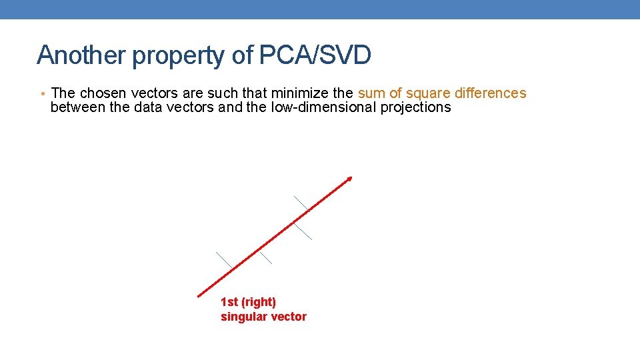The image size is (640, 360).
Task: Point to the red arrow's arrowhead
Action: (349, 179)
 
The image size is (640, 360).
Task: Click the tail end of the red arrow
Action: (199, 295)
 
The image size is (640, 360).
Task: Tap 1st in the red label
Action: (229, 303)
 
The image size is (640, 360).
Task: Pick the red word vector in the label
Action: (287, 317)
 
